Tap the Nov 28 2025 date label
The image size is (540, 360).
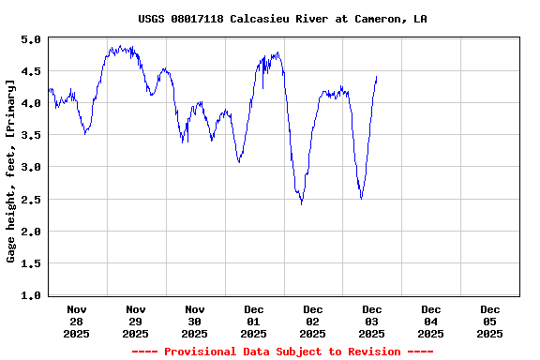77,321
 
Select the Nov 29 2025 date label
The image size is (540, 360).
136,321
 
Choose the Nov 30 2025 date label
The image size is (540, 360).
195,321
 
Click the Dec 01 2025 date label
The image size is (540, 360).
254,321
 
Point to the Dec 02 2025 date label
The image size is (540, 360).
313,321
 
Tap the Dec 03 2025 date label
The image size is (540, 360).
372,321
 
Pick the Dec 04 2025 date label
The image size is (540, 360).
431,321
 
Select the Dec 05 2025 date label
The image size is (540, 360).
489,321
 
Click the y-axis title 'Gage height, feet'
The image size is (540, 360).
11,171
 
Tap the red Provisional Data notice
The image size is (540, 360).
282,352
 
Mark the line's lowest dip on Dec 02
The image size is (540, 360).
301,203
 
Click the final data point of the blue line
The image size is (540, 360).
377,77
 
